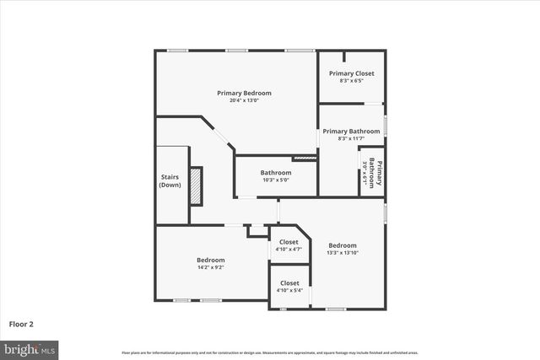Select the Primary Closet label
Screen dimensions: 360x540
point(351,73)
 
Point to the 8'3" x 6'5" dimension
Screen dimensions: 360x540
point(351,81)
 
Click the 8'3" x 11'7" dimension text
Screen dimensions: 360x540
point(351,139)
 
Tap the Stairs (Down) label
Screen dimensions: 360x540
point(170,180)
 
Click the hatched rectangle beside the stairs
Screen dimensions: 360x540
point(196,185)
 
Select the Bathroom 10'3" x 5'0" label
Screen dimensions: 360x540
point(275,173)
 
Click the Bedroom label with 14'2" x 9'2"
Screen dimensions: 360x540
point(210,260)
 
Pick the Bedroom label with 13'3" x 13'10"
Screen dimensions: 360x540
point(342,244)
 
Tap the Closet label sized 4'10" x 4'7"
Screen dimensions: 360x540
point(289,242)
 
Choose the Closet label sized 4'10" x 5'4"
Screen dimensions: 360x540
point(289,283)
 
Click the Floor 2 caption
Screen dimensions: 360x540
point(22,323)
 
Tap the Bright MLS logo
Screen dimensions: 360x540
point(30,348)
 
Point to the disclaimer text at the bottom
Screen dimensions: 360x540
point(269,352)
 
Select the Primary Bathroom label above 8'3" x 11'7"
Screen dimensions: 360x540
point(351,132)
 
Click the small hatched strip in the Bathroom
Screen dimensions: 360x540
point(304,158)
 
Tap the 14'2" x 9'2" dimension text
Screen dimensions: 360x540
point(210,267)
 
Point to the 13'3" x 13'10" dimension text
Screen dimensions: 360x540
point(342,252)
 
